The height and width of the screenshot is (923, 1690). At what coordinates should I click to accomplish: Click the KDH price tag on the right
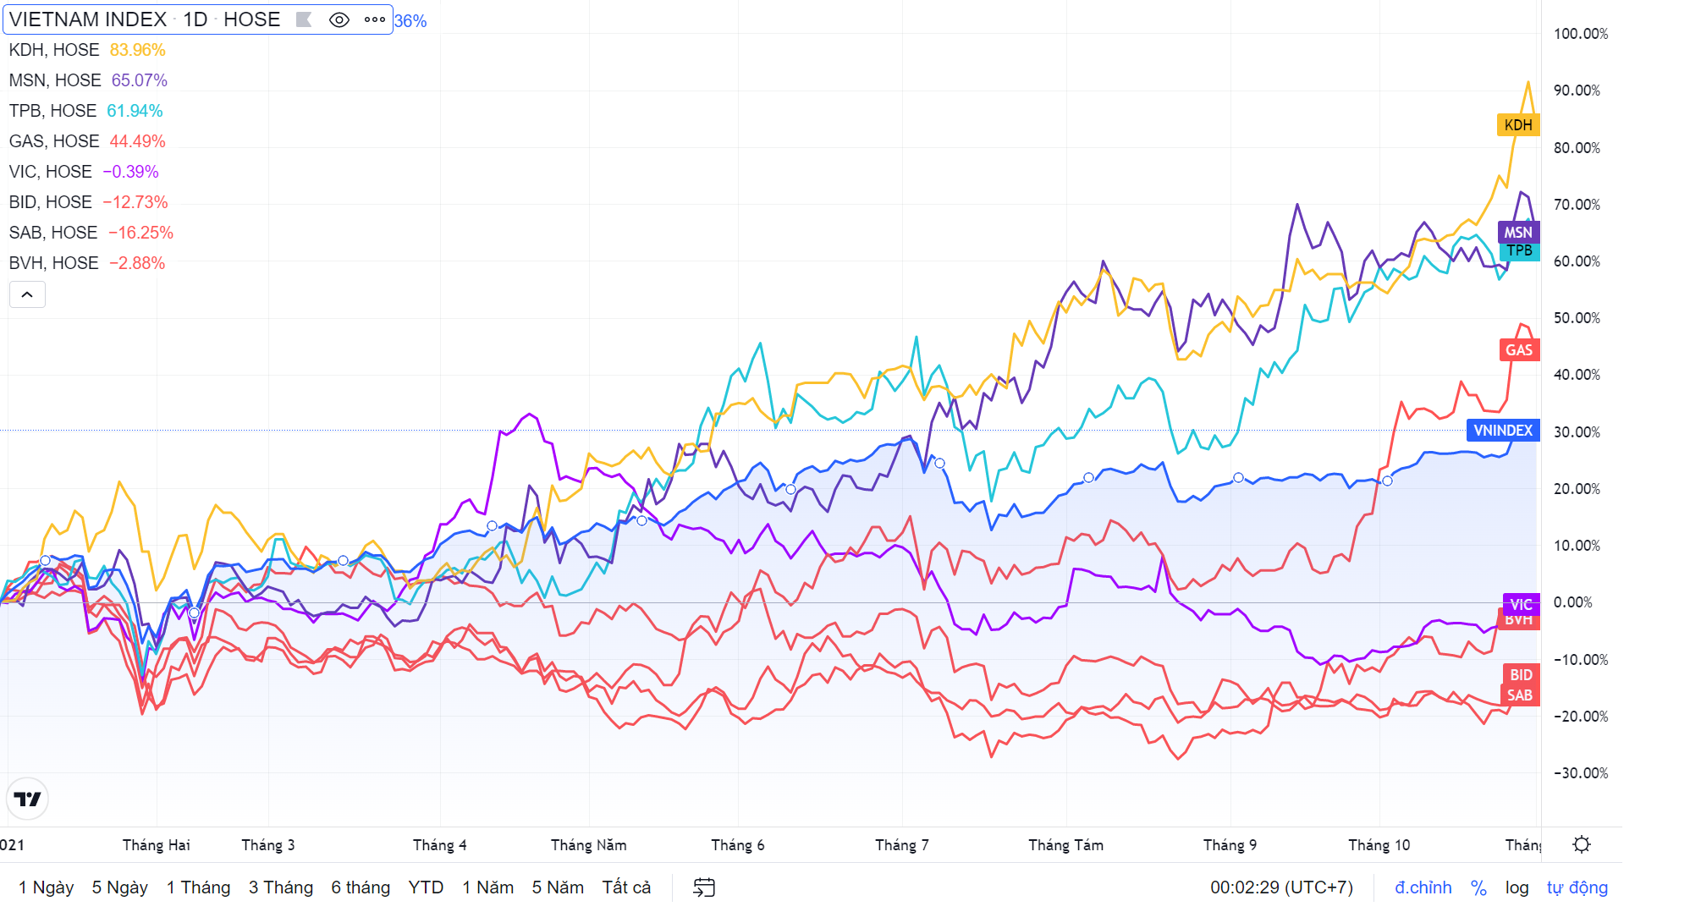1517,125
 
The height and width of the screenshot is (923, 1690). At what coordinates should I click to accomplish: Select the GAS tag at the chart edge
1518,350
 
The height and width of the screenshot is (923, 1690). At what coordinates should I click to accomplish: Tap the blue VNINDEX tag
1502,431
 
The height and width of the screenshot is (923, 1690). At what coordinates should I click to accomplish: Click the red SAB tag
1519,695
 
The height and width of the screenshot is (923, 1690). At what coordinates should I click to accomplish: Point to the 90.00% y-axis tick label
1577,91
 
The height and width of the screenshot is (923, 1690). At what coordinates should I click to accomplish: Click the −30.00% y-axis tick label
1580,773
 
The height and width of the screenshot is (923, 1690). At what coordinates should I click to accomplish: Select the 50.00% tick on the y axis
1577,318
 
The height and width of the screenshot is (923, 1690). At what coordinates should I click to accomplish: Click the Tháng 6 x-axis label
737,845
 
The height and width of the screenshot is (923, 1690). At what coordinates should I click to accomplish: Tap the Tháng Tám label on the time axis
1065,845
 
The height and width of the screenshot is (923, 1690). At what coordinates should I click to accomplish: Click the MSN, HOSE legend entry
55,80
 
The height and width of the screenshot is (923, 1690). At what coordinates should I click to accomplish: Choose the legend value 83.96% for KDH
137,50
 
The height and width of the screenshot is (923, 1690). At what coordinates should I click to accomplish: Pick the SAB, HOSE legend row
53,233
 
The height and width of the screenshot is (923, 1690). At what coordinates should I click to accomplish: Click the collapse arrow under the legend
27,294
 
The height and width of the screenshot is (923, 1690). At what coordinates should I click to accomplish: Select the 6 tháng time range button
361,887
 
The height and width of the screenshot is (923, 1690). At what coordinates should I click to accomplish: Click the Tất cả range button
626,887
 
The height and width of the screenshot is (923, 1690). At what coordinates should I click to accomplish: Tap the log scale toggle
1517,887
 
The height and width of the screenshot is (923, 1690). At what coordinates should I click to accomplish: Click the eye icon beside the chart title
339,19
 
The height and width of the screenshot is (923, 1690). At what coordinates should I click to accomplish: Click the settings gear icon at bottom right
1581,844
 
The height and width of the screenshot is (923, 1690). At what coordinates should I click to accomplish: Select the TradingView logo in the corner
27,799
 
